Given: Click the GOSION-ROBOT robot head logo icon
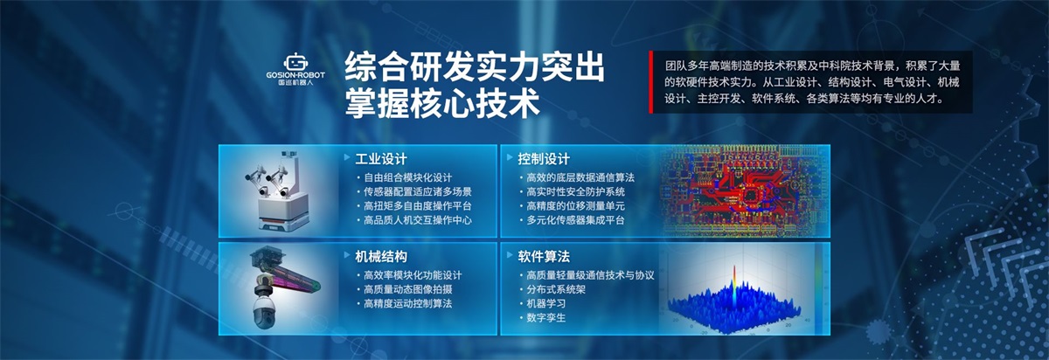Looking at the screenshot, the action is (x=295, y=62).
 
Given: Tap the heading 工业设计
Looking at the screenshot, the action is (x=381, y=159).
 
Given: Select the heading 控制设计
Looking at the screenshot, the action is (x=543, y=159).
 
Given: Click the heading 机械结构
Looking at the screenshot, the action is (x=381, y=257).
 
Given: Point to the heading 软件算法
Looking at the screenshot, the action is (x=543, y=257).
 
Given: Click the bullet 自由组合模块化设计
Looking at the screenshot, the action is (x=407, y=178).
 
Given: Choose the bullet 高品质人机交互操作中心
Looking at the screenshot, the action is (x=417, y=220).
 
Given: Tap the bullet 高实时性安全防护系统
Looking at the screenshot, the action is (x=575, y=192).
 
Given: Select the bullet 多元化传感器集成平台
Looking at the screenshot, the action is (x=575, y=220).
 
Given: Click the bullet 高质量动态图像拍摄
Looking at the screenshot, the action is (x=407, y=289).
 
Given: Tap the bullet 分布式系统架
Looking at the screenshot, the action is (x=556, y=289).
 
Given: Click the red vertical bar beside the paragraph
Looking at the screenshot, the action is (x=650, y=82).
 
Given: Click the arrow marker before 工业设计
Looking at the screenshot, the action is (x=347, y=157).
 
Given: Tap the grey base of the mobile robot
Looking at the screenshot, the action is (x=283, y=225).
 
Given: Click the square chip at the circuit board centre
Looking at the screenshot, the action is (x=749, y=195).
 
